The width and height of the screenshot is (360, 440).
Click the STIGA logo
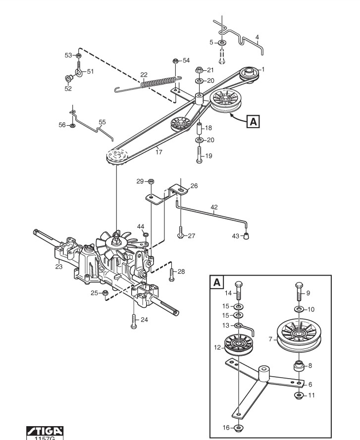tap(45, 431)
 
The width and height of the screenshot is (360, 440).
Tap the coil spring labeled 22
tap(158, 82)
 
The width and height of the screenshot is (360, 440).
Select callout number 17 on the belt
tap(158, 152)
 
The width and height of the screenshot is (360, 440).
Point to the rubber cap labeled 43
tap(246, 236)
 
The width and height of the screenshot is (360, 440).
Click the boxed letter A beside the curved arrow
tap(253, 121)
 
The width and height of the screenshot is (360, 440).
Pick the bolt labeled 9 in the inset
tap(299, 292)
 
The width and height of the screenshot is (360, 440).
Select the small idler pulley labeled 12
tap(239, 344)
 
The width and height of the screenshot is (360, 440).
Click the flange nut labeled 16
tap(238, 428)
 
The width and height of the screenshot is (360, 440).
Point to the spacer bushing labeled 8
tap(299, 366)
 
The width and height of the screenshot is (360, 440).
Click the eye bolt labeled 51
tap(79, 70)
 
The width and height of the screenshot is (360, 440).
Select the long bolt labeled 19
tap(200, 154)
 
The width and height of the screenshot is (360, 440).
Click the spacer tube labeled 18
tap(199, 128)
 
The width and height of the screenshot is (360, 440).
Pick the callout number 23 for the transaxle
tap(59, 266)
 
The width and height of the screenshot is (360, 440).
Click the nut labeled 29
tap(151, 181)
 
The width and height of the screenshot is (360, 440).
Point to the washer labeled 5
tap(222, 43)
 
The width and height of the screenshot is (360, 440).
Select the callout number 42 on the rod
tap(214, 207)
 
